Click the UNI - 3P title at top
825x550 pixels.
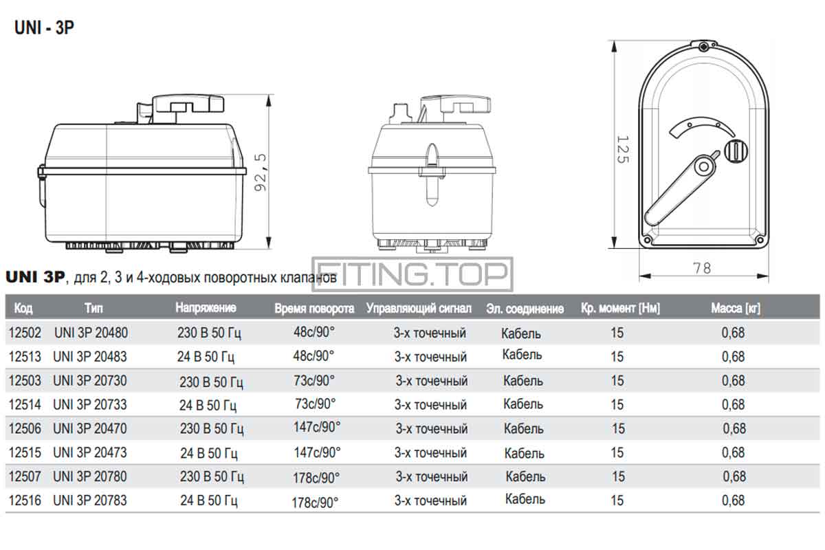coord(44,27)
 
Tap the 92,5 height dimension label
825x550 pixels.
coord(261,173)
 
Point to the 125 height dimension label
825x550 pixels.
coord(622,149)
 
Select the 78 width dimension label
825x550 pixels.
coord(702,268)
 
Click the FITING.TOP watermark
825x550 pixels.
coord(412,274)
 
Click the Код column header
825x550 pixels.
coord(23,308)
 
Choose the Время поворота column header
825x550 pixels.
coord(314,309)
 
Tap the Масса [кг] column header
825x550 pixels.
coord(736,308)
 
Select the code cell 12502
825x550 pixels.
coord(25,333)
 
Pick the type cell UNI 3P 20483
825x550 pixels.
coord(90,357)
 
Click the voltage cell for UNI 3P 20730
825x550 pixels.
coord(211,382)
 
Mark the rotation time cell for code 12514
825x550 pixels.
coord(316,404)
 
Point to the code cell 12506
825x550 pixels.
coord(25,428)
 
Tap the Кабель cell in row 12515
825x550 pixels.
coord(524,453)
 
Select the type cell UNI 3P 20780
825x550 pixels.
coord(90,476)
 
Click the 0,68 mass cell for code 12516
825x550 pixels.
coord(734,500)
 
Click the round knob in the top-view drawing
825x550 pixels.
coord(736,151)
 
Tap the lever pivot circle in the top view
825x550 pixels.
coord(703,167)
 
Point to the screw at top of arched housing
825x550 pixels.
coord(703,47)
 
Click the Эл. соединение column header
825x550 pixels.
coord(525,309)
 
